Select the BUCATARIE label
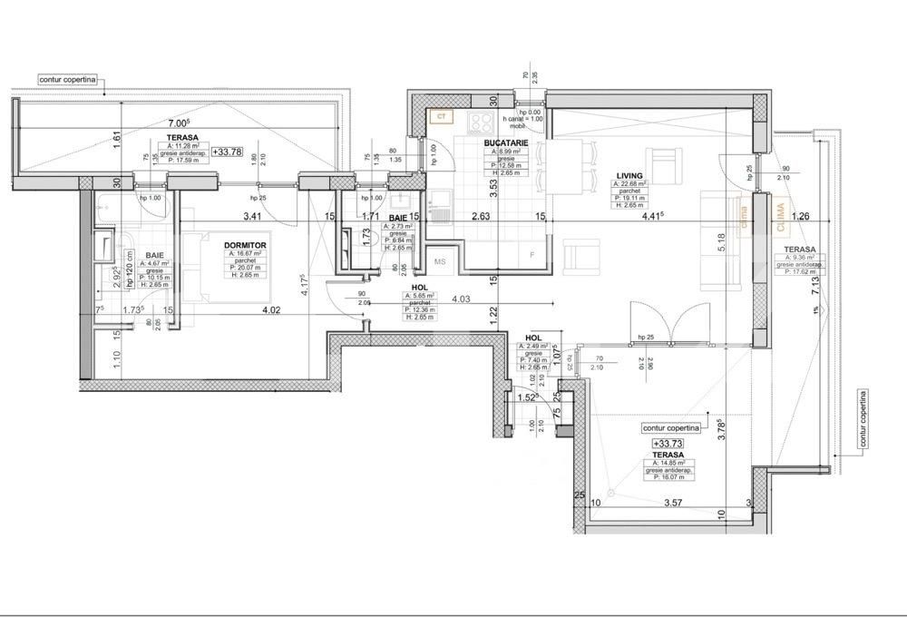[502, 143]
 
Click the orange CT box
[441, 117]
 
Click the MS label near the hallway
[442, 261]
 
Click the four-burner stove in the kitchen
[481, 122]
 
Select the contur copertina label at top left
[68, 80]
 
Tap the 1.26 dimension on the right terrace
[799, 216]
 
